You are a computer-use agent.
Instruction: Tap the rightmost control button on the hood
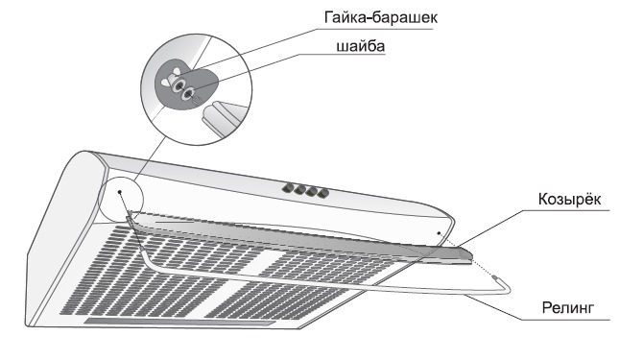[324, 194]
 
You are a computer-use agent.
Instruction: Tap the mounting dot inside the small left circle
[120, 191]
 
